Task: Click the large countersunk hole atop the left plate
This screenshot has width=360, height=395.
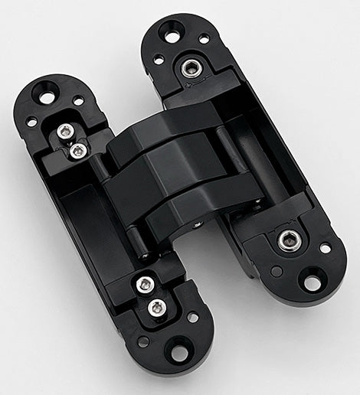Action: [48, 97]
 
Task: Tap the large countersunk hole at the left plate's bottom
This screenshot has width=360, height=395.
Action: [178, 353]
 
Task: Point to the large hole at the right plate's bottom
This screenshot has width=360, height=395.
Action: [312, 282]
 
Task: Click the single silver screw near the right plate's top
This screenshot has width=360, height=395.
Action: [190, 69]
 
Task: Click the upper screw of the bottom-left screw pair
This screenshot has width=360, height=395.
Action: [143, 285]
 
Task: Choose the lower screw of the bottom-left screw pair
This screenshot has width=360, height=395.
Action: [157, 308]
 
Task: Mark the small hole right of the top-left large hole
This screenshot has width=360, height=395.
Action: [78, 100]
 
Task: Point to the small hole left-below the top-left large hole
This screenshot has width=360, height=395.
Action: [31, 122]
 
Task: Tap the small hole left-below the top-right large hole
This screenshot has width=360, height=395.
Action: [157, 59]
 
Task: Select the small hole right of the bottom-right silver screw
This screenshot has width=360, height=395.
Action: [325, 248]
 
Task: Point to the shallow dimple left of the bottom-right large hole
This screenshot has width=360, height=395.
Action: [276, 271]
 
